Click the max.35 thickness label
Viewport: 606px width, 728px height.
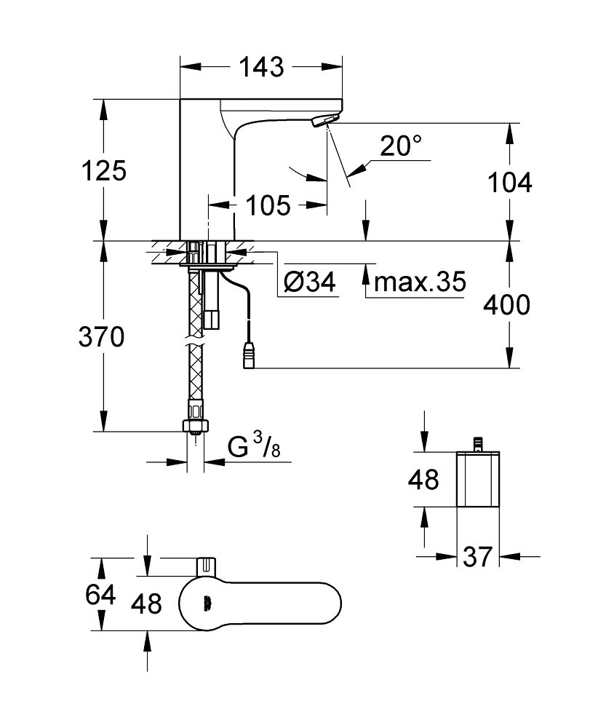click(417, 282)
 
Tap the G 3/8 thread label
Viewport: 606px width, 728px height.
click(250, 448)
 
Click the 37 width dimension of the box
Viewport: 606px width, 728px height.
click(477, 558)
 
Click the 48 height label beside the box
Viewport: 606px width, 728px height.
click(423, 480)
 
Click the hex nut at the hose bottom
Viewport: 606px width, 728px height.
click(196, 425)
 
